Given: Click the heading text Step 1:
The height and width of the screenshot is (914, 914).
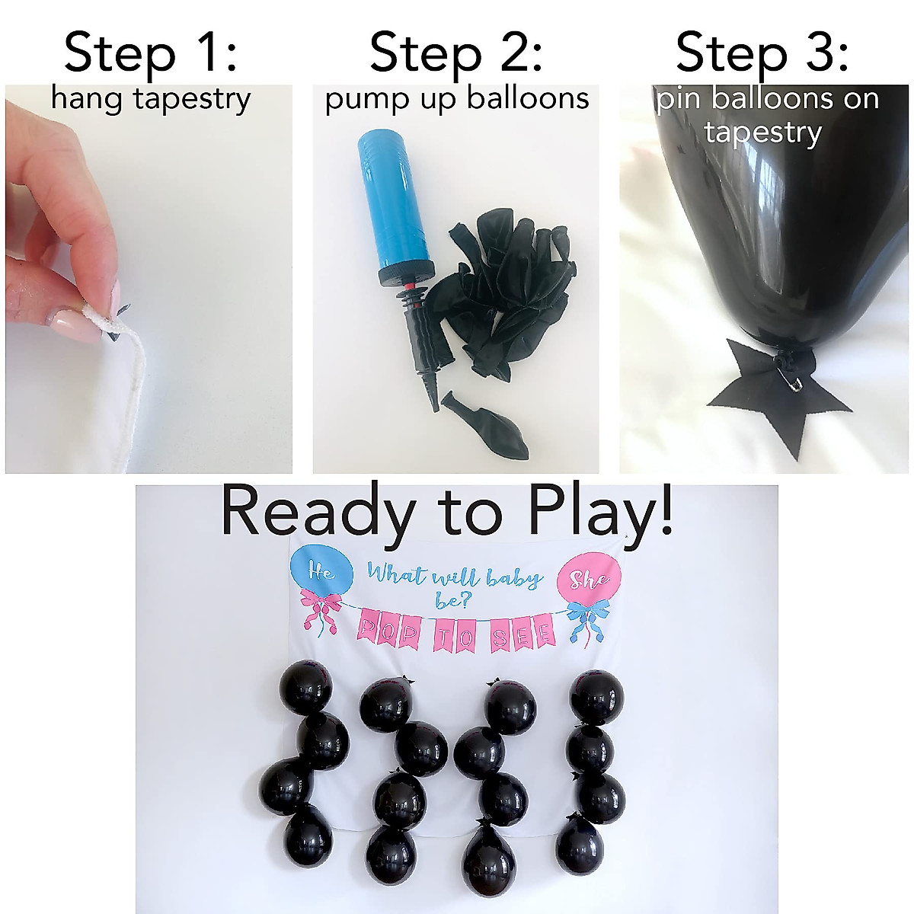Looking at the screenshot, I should tap(150, 53).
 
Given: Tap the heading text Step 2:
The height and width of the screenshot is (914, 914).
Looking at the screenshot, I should tap(455, 53).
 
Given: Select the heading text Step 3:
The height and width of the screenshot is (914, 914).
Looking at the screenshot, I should tap(762, 53).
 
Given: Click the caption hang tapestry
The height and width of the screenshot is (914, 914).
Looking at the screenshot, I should tap(150, 99).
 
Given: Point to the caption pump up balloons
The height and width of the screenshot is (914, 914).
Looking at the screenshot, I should tap(457, 99).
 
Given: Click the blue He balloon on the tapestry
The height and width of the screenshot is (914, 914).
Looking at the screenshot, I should tap(321, 572).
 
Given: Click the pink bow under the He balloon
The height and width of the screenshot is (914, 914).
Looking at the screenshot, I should tap(320, 613).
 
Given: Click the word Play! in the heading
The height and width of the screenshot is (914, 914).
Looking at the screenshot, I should tap(601, 513).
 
